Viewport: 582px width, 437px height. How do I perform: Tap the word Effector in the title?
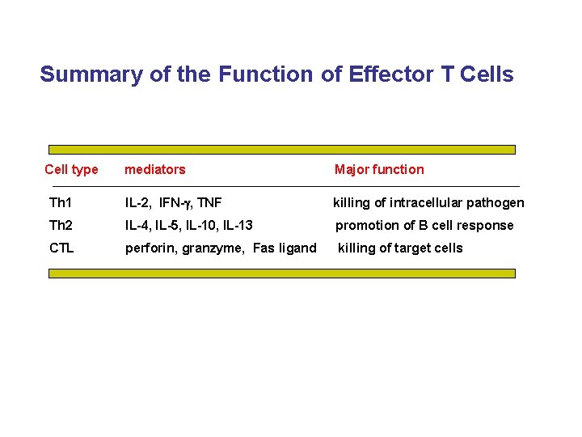(379, 74)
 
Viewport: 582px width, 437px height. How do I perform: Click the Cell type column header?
(71, 169)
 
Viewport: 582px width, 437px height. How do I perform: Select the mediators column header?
(154, 169)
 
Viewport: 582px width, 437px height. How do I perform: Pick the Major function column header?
(378, 169)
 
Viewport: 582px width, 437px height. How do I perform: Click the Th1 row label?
(61, 202)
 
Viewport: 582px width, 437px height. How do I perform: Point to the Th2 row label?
(61, 225)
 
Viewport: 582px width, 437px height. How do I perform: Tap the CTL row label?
(61, 248)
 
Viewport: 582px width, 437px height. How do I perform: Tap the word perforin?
(150, 248)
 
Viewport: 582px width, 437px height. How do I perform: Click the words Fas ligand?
(285, 248)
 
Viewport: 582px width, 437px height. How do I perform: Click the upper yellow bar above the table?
(281, 150)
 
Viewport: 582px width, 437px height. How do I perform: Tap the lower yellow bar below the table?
(281, 274)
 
